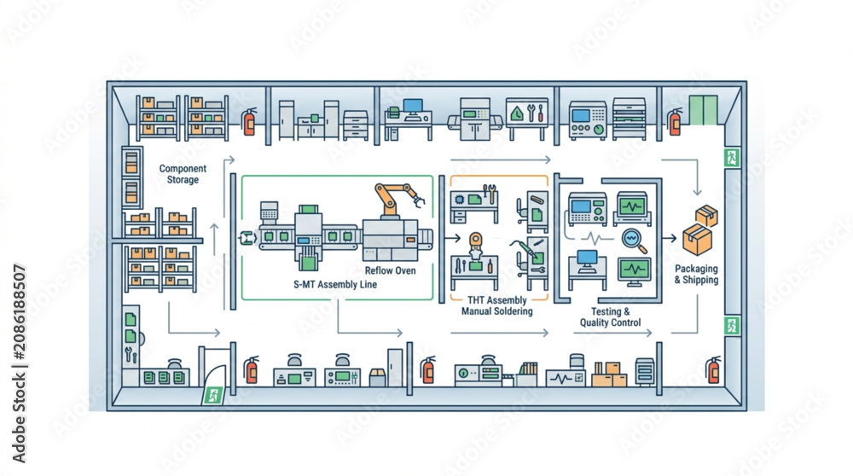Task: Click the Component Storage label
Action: tap(183, 174)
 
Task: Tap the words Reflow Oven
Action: tap(390, 270)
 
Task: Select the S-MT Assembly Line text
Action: tap(335, 285)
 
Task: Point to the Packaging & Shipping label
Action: tap(696, 274)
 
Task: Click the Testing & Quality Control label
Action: tap(611, 317)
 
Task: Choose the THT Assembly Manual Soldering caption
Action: tap(496, 305)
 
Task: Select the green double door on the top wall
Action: tap(704, 110)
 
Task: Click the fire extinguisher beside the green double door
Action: tap(675, 121)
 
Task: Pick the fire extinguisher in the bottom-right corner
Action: tap(713, 370)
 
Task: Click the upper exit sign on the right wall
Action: tap(732, 159)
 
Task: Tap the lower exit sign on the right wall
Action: tap(732, 326)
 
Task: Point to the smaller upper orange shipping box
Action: tap(706, 216)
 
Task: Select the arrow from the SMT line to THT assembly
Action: tap(453, 238)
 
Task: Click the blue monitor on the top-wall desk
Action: tap(413, 106)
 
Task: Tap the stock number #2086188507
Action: tap(20, 312)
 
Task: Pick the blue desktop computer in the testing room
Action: tap(588, 261)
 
